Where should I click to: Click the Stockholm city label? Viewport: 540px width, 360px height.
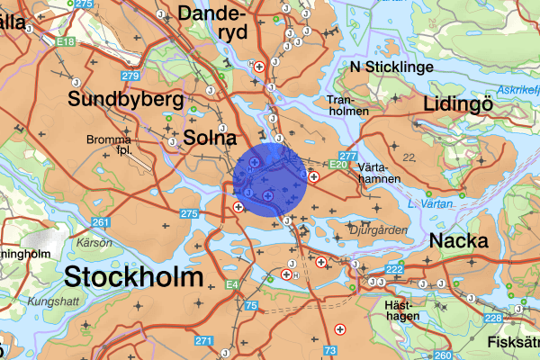click(x=134, y=275)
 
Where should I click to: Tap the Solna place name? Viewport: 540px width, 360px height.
click(x=210, y=138)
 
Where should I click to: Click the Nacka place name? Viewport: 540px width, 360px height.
click(x=459, y=240)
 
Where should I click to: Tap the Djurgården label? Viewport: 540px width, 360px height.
click(x=377, y=230)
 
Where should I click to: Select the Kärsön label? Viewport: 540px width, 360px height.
click(x=94, y=242)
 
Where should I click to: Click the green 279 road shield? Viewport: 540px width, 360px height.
click(x=131, y=76)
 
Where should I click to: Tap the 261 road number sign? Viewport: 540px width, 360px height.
click(x=101, y=222)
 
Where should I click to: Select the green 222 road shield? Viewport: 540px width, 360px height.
click(x=394, y=270)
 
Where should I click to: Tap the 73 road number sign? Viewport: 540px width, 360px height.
click(x=330, y=349)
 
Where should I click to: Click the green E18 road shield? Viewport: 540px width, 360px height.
click(x=65, y=41)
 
